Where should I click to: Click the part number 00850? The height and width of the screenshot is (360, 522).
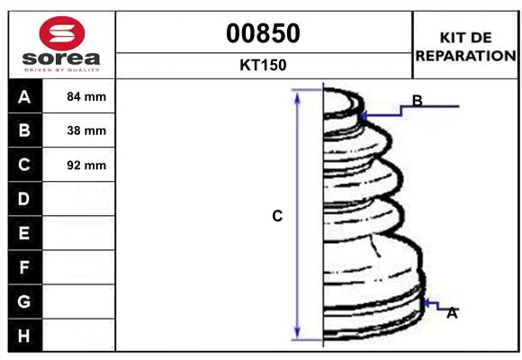pyautogui.click(x=264, y=33)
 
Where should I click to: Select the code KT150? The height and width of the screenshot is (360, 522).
pyautogui.click(x=264, y=65)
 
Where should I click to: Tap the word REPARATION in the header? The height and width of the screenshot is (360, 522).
pyautogui.click(x=465, y=55)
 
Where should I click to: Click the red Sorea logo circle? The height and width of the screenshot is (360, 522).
pyautogui.click(x=62, y=35)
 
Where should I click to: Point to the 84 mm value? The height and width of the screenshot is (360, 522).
pyautogui.click(x=86, y=96)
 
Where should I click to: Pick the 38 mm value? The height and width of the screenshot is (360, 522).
pyautogui.click(x=86, y=130)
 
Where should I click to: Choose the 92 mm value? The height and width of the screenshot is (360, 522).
pyautogui.click(x=86, y=166)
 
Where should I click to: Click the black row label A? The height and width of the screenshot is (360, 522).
pyautogui.click(x=24, y=96)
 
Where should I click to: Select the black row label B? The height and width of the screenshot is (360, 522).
pyautogui.click(x=24, y=130)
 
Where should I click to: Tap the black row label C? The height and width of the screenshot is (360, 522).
pyautogui.click(x=24, y=165)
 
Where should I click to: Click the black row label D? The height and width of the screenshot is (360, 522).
pyautogui.click(x=24, y=199)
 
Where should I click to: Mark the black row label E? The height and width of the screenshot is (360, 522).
pyautogui.click(x=24, y=233)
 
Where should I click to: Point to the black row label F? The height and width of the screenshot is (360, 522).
pyautogui.click(x=24, y=267)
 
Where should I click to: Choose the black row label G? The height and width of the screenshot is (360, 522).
pyautogui.click(x=24, y=301)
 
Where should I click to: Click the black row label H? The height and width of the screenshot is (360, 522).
pyautogui.click(x=24, y=336)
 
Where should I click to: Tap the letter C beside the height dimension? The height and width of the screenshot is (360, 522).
pyautogui.click(x=277, y=216)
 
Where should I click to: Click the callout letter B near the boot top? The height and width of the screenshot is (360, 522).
pyautogui.click(x=417, y=100)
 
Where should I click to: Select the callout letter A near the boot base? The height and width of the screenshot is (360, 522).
pyautogui.click(x=452, y=313)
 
